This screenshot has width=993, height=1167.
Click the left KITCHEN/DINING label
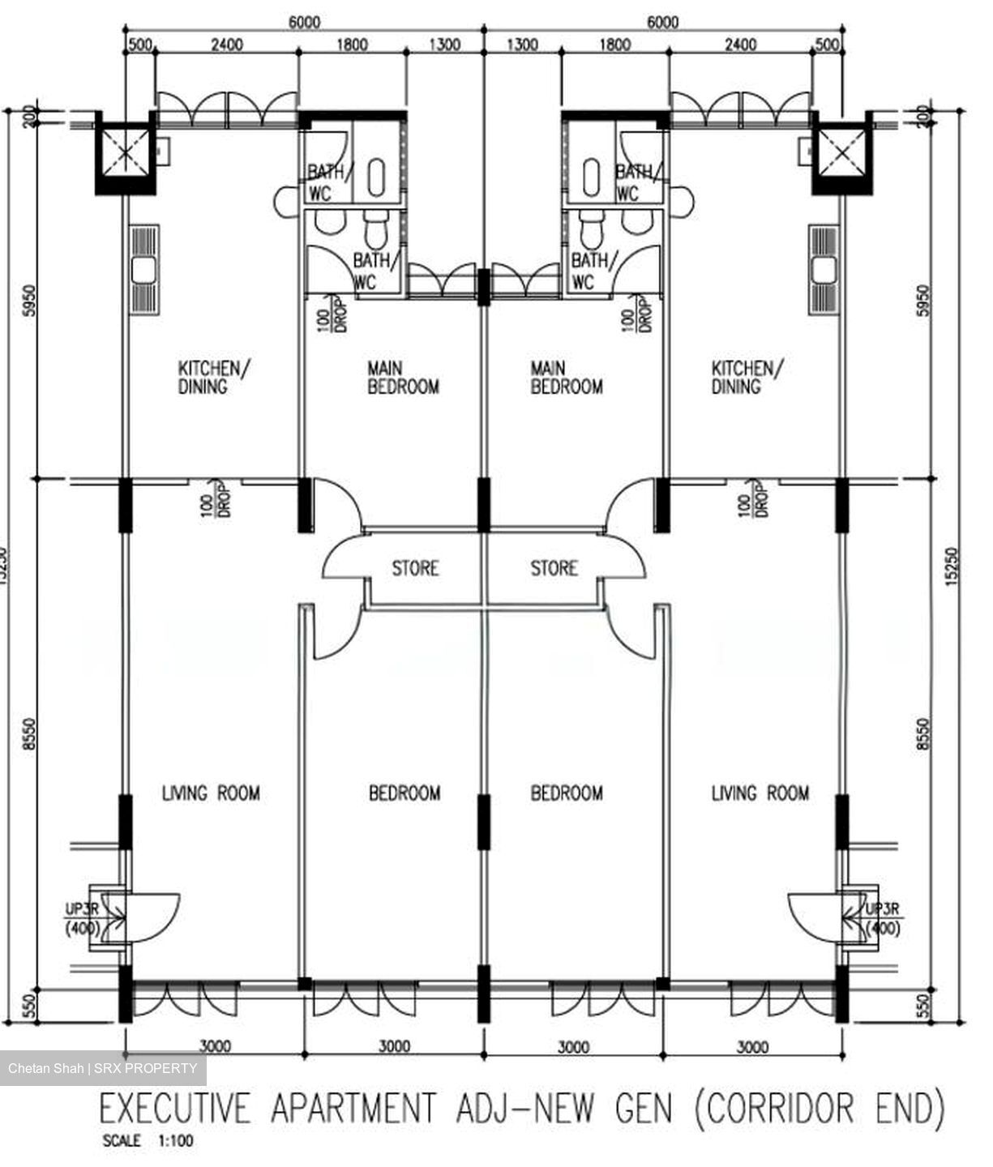pos(213,377)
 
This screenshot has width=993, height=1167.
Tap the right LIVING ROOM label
pos(760,793)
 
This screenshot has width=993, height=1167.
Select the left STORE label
pos(415,568)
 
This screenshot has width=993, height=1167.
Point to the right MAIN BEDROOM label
pos(567,377)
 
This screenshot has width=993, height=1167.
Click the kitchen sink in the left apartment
pos(144,269)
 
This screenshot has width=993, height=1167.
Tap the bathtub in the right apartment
pos(591,177)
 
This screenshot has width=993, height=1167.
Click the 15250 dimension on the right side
pos(952,566)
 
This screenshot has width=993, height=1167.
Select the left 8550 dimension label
pos(29,734)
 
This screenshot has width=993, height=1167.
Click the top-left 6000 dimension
pos(305,22)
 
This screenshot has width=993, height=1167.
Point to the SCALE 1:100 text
pos(148,1140)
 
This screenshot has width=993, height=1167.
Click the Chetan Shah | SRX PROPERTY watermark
pos(103,1068)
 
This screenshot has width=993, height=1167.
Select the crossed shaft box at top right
pos(841,152)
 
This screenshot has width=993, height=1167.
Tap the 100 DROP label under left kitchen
pos(216,498)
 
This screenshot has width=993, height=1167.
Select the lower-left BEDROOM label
pos(404,793)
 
